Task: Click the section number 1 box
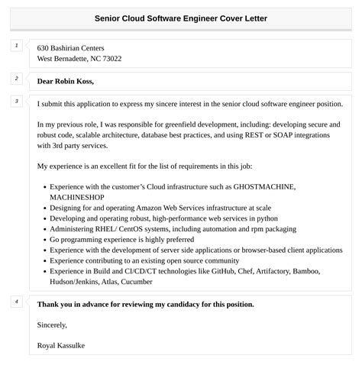tap(15, 46)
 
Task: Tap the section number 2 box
tap(15, 78)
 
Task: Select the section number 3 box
tap(15, 101)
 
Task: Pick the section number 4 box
tap(15, 301)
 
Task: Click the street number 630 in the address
tap(44, 47)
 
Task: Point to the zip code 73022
tap(108, 59)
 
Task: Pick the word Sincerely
tap(52, 325)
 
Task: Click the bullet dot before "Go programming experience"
tap(44, 239)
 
